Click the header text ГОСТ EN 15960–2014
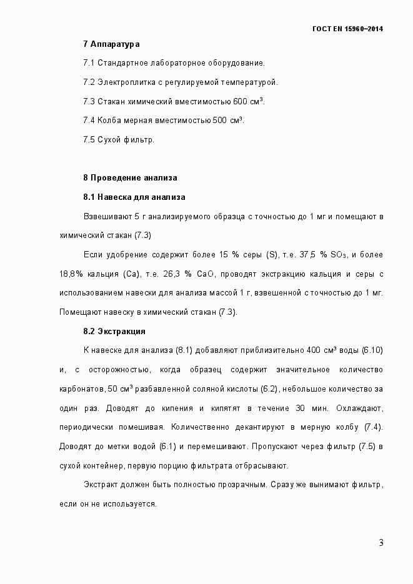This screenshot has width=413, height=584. coord(347,29)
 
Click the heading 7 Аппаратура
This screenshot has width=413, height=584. coord(111,44)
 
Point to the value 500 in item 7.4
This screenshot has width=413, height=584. coord(219,121)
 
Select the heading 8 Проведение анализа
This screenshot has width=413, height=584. coord(130,178)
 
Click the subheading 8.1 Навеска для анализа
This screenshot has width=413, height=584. coord(134,197)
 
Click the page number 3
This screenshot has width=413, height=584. coord(381,542)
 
